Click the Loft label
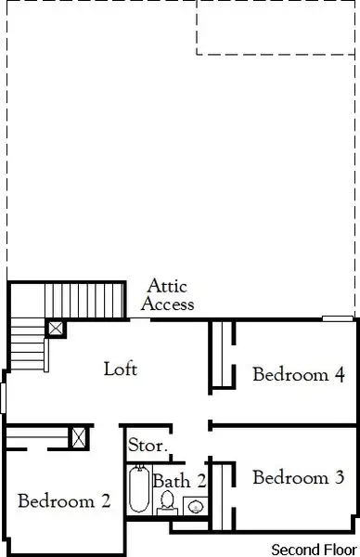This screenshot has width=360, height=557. (121, 369)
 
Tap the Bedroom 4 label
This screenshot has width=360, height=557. (299, 375)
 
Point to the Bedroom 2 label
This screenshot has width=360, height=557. (64, 501)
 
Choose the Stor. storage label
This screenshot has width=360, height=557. (148, 446)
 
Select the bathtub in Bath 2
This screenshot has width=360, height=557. (139, 490)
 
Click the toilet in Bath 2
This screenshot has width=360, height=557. (168, 501)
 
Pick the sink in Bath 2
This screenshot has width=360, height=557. (197, 506)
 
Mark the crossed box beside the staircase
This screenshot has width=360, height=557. (57, 328)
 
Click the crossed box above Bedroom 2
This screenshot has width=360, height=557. (80, 437)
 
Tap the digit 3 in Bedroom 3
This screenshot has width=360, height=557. (353, 478)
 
